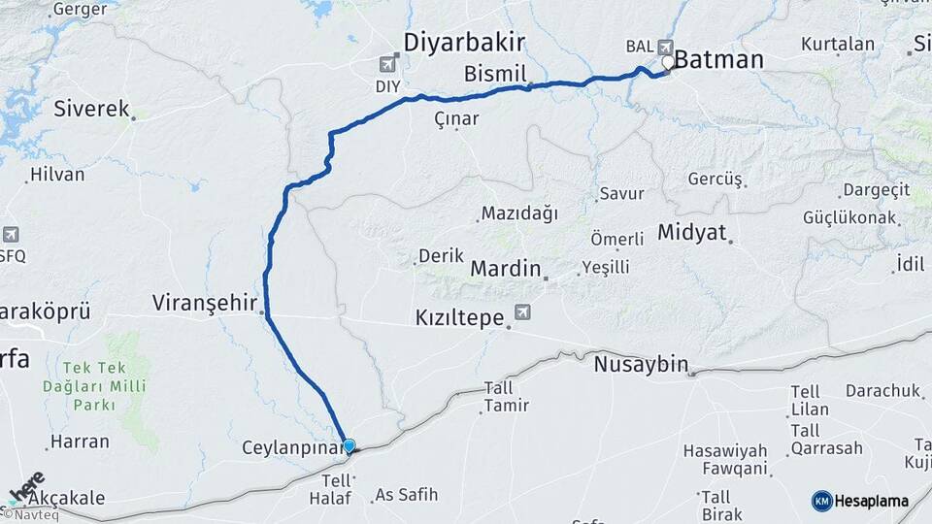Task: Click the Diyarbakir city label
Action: (464, 42)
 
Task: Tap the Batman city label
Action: (718, 60)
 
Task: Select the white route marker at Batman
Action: (668, 63)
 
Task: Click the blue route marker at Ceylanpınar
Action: (349, 446)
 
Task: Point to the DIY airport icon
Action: (389, 64)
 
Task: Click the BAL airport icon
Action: (664, 46)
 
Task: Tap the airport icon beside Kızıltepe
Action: (524, 312)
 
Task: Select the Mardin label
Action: (505, 268)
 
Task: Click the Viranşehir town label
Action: (204, 302)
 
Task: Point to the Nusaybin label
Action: (641, 366)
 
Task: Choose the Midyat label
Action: (690, 232)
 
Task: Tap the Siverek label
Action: (91, 108)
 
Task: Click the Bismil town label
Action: (495, 74)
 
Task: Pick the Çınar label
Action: (456, 118)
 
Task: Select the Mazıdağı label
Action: (518, 213)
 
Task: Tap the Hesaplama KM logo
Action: (860, 501)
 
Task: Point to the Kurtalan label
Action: (838, 44)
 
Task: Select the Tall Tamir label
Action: (498, 396)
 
